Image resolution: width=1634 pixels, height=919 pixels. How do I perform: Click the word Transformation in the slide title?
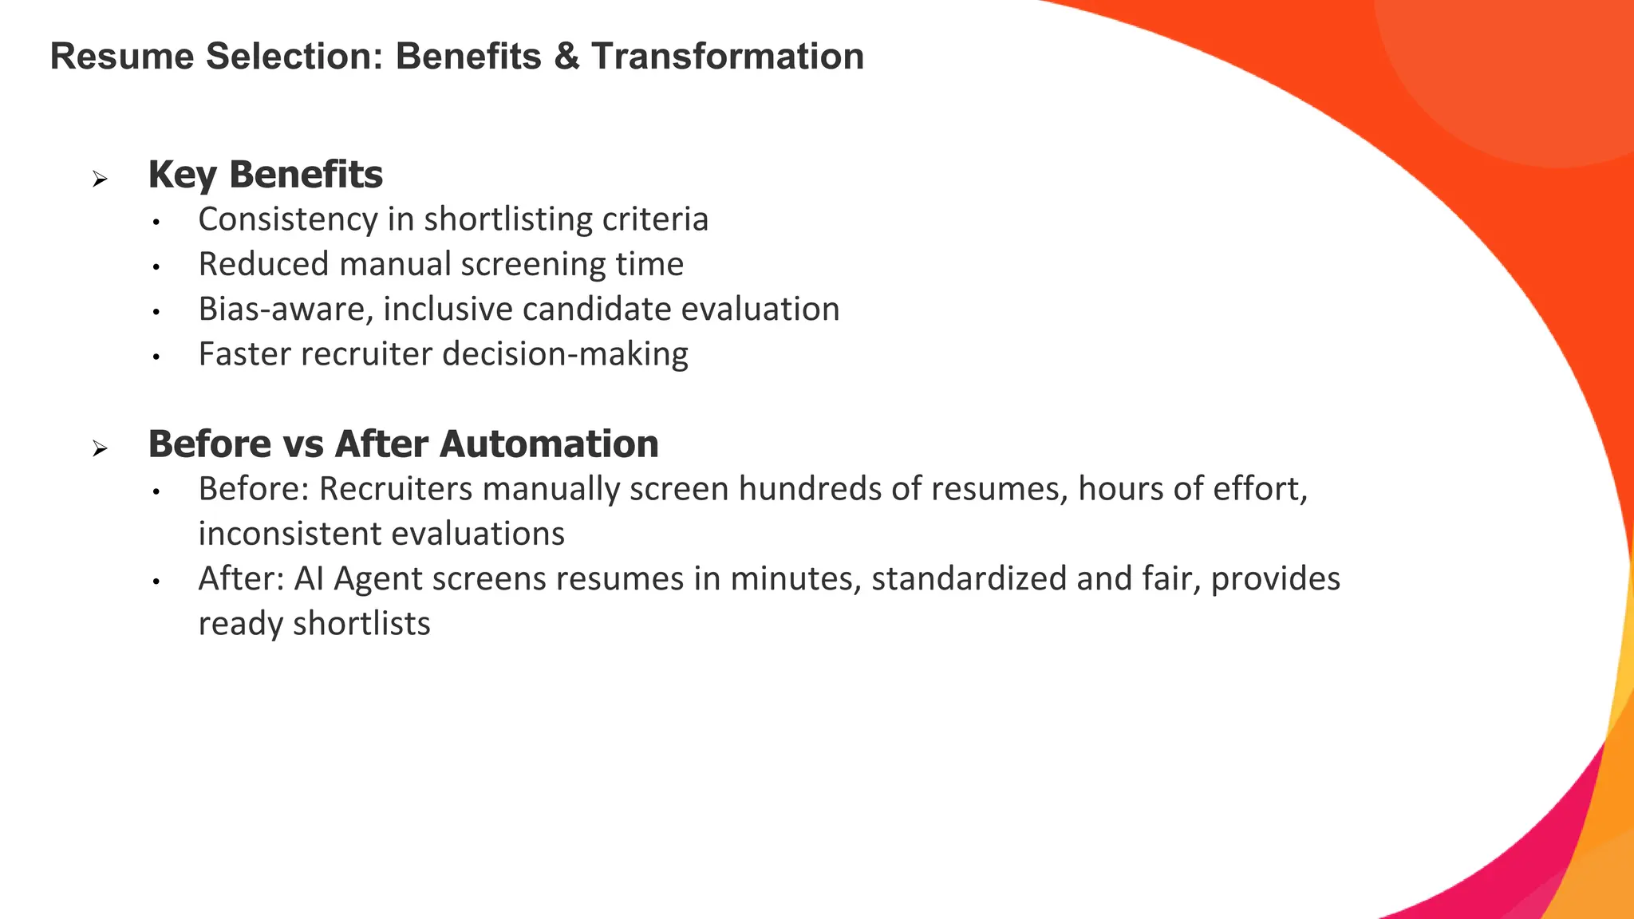pos(727,57)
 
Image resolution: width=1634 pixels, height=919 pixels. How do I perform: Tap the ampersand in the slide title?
pos(566,57)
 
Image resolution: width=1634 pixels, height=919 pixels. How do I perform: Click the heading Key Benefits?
pos(265,174)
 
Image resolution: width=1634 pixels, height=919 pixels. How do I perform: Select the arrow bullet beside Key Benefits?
pos(100,179)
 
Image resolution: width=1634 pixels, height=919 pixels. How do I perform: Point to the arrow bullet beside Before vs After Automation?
pos(100,448)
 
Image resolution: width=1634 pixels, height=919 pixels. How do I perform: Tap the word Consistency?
pos(288,219)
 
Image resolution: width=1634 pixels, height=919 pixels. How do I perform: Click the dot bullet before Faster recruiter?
pos(157,357)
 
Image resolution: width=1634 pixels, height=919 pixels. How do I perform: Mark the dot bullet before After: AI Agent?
pos(157,582)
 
